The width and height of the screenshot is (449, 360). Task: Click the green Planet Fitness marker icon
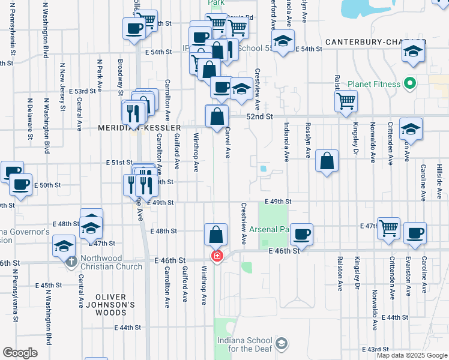[x=411, y=83]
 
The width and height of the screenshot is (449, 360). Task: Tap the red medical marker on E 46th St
[x=216, y=256]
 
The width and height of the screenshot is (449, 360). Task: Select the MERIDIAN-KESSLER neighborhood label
[x=140, y=128]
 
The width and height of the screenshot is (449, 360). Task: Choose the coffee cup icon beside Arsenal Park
[x=303, y=233]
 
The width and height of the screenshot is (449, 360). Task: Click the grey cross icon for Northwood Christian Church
[x=71, y=262]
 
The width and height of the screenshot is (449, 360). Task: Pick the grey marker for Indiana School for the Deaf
[x=282, y=343]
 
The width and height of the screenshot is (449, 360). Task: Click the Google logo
[x=20, y=353]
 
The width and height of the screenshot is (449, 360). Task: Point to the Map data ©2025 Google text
[x=412, y=356]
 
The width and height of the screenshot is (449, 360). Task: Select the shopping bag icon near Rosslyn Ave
[x=326, y=161]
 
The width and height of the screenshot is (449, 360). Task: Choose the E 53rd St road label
[x=83, y=91]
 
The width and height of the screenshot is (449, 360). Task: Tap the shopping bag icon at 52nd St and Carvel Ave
[x=216, y=116]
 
